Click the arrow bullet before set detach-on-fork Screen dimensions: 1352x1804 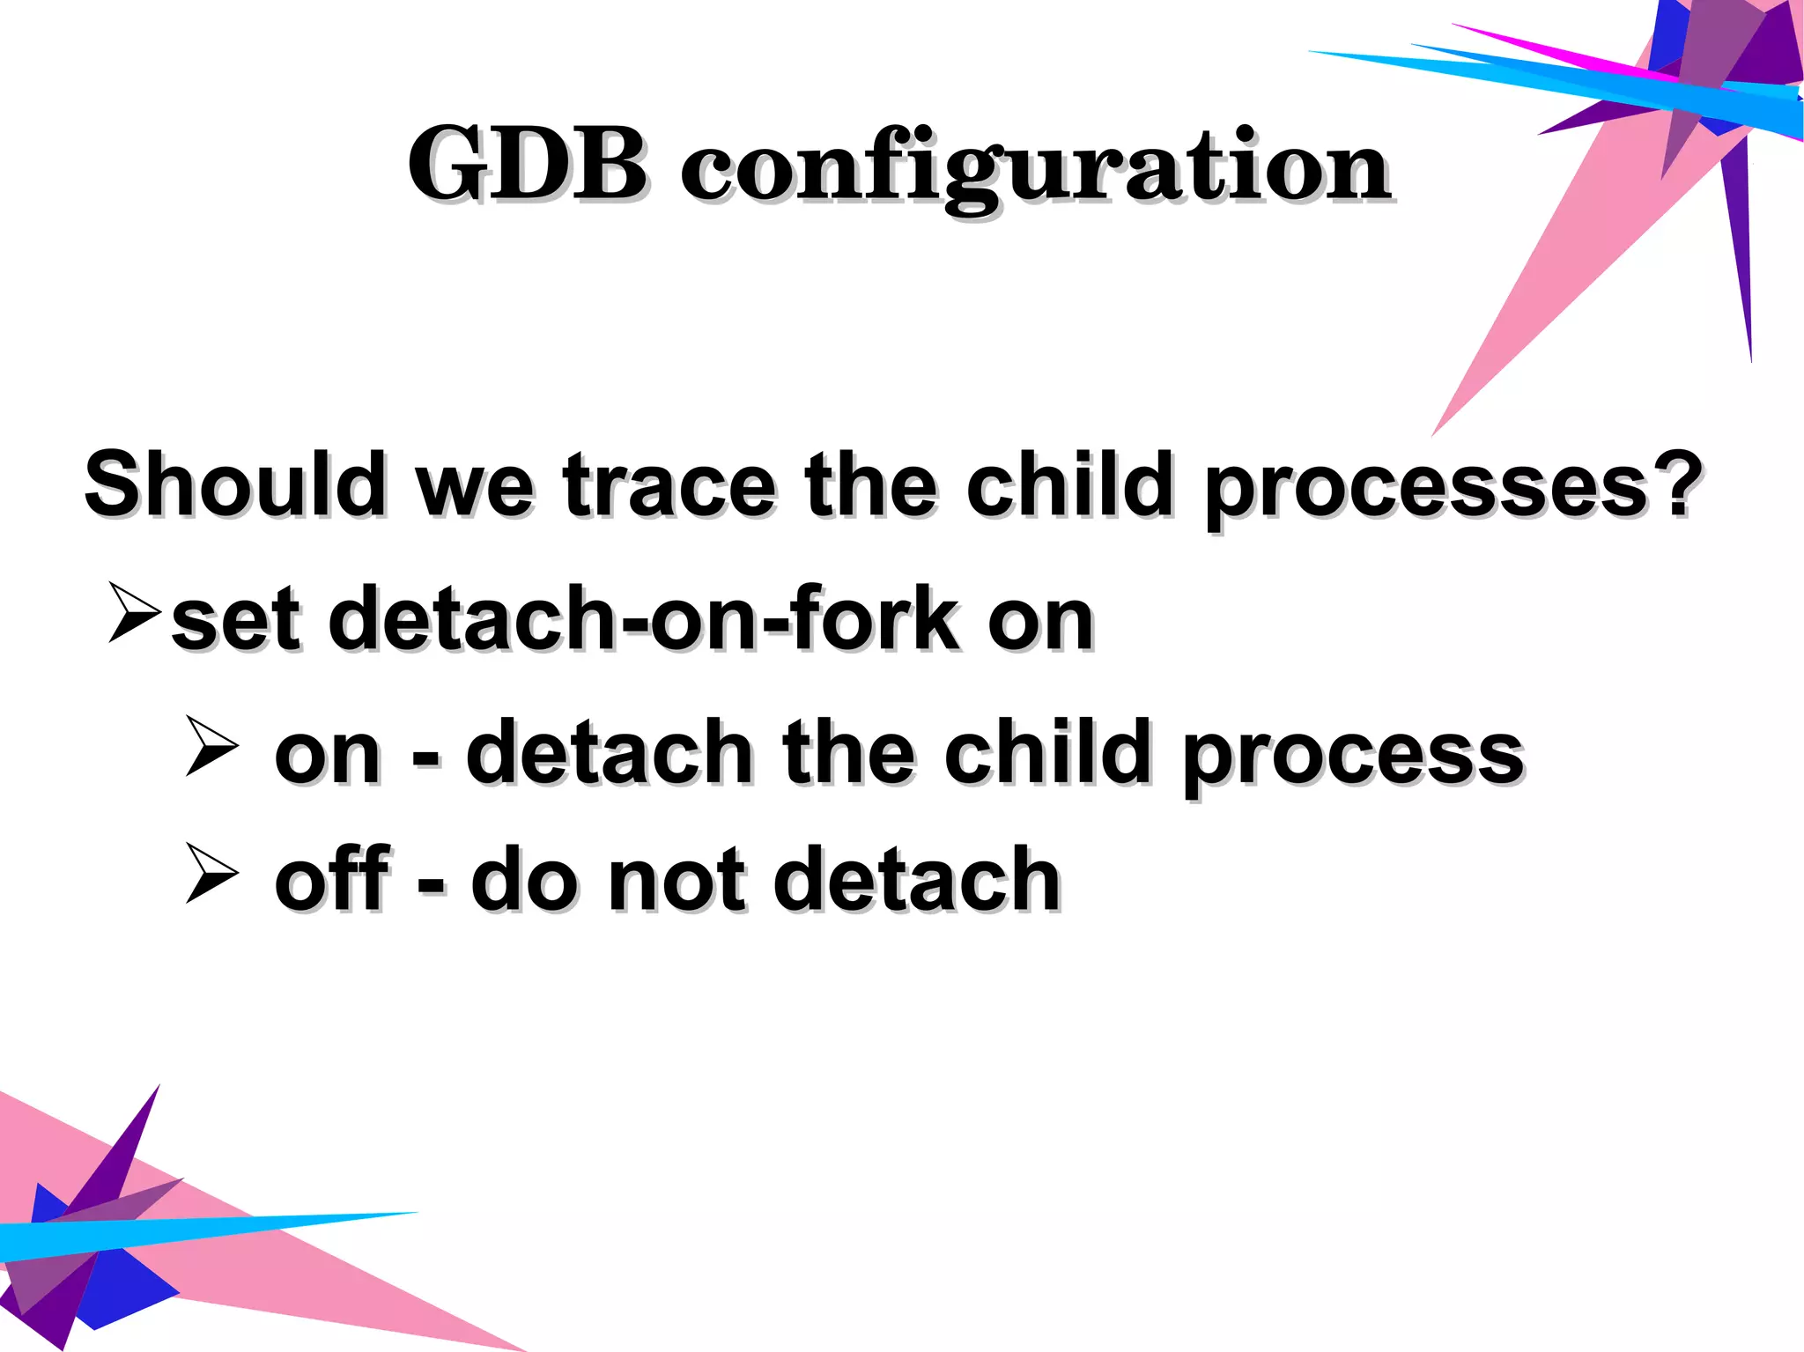[x=135, y=611]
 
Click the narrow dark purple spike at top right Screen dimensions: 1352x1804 [x=1740, y=255]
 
